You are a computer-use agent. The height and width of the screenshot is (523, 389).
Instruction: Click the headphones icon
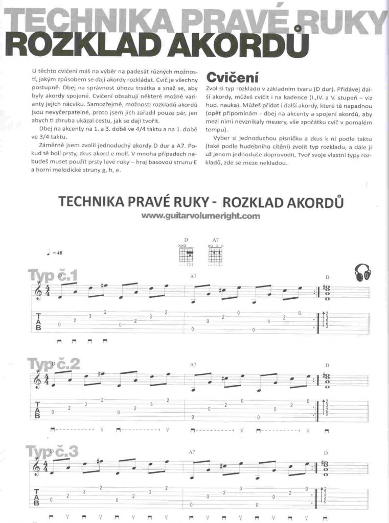click(362, 272)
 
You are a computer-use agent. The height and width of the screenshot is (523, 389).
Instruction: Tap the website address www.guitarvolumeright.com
click(201, 216)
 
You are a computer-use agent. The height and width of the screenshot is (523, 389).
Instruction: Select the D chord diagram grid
click(187, 253)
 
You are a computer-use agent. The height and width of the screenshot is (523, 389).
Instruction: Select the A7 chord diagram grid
click(216, 253)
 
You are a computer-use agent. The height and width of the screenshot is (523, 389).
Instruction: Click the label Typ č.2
click(54, 364)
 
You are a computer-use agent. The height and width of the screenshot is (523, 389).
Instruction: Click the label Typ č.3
click(53, 451)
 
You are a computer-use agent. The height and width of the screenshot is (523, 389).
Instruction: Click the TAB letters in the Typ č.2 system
click(38, 410)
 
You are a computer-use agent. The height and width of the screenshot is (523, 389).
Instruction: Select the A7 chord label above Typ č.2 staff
click(193, 365)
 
